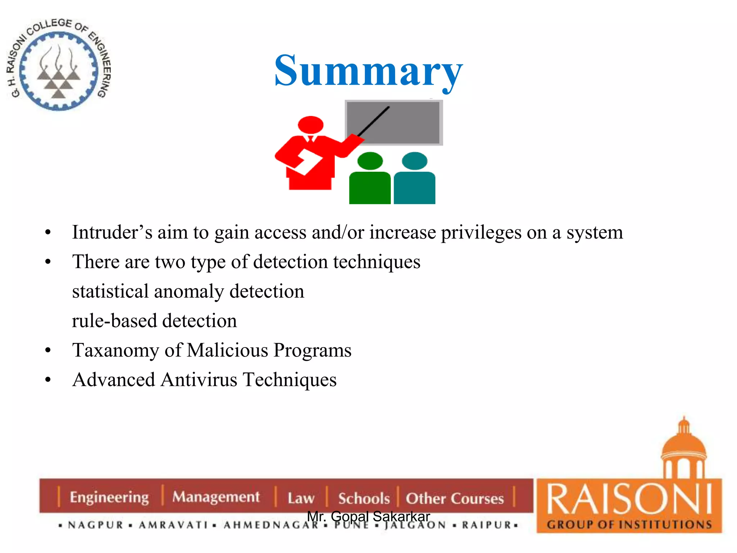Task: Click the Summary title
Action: point(368,71)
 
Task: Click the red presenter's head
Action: point(311,125)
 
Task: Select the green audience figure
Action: point(370,180)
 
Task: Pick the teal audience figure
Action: point(415,180)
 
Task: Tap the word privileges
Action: point(481,232)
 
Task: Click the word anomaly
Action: point(189,291)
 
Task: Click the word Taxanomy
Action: point(115,350)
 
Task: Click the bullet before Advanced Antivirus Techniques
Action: point(48,380)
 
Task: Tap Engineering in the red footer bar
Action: point(109,498)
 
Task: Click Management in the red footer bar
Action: point(216,497)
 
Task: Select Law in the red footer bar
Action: point(301,498)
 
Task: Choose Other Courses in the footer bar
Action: point(455,498)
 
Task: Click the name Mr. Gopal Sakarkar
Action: point(368,516)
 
